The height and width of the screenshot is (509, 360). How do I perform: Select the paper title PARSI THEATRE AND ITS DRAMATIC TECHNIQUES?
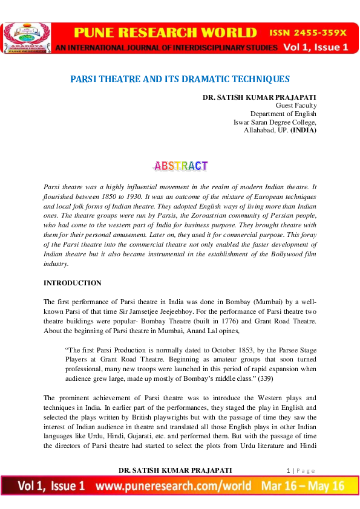click(180, 79)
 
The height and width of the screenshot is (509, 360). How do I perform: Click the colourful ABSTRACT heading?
click(180, 165)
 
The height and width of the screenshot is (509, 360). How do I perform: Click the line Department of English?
click(283, 114)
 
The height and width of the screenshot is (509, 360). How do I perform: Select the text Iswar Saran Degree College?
click(275, 122)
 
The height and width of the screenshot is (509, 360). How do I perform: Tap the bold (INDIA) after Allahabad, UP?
click(303, 130)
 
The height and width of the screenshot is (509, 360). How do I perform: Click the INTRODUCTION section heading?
click(73, 283)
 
